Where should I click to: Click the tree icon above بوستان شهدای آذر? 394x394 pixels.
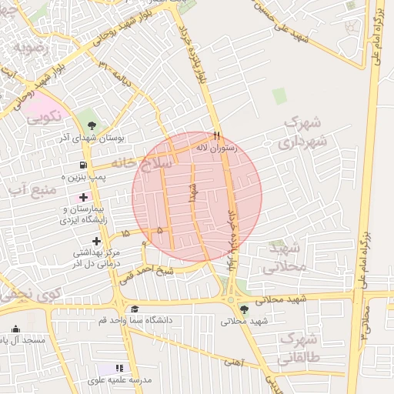point(92,125)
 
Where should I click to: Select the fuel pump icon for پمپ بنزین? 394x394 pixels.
point(83,165)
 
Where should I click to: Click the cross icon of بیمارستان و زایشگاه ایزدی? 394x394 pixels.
point(83,198)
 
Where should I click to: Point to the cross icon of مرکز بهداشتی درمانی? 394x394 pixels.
point(95,241)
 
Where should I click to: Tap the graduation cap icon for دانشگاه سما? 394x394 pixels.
point(135,309)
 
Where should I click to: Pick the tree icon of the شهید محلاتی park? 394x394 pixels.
point(244,310)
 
